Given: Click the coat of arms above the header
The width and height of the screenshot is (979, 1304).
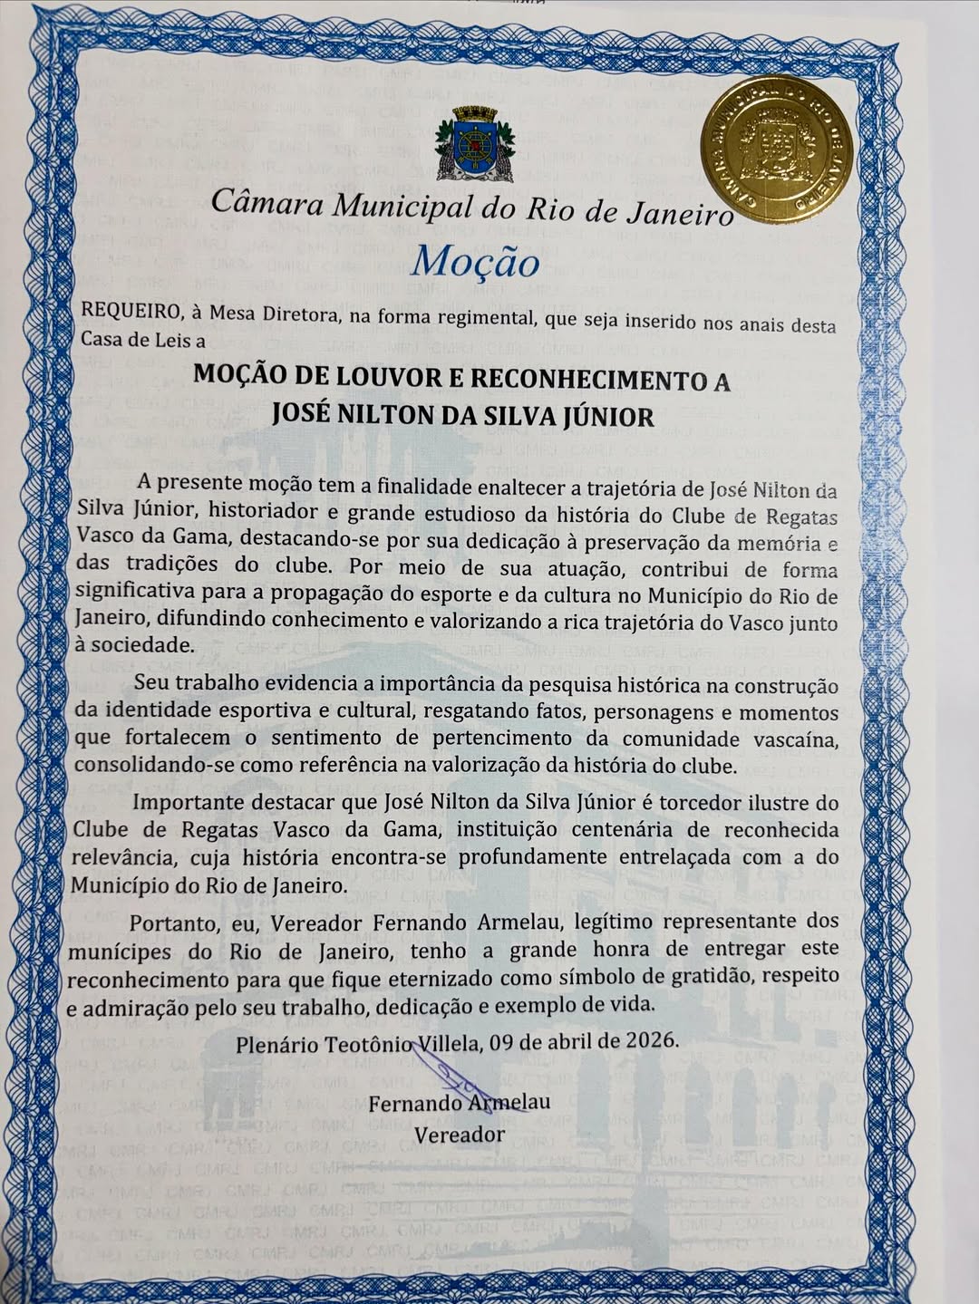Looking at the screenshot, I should pyautogui.click(x=475, y=143).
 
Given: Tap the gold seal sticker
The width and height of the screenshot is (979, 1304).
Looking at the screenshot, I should pyautogui.click(x=777, y=149).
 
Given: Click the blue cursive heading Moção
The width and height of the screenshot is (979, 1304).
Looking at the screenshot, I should pyautogui.click(x=474, y=262).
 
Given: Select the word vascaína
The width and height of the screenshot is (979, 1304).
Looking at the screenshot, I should pyautogui.click(x=795, y=739).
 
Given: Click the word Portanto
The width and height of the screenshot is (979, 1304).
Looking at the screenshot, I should pyautogui.click(x=172, y=923).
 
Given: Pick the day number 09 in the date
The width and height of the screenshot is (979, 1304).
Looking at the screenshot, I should pyautogui.click(x=503, y=1041).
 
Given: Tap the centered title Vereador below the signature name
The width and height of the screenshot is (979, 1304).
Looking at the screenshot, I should pyautogui.click(x=460, y=1134).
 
